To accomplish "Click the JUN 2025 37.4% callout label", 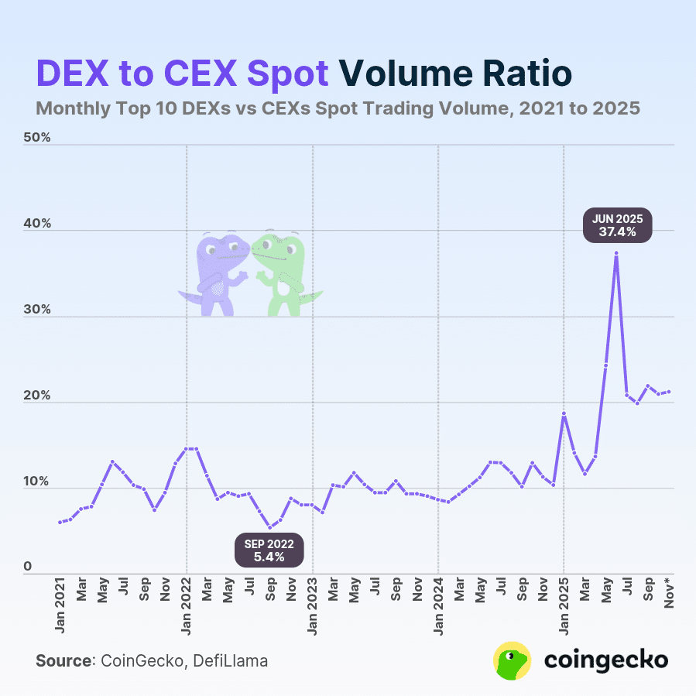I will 617,225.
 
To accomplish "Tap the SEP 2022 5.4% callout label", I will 269,550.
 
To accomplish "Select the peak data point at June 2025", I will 616,253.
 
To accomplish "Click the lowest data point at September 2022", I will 270,528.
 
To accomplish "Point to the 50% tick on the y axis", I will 36,138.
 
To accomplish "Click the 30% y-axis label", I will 36,310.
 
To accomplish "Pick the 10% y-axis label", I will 36,482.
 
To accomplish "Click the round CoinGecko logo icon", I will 512,660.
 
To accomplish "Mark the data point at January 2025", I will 564,414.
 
